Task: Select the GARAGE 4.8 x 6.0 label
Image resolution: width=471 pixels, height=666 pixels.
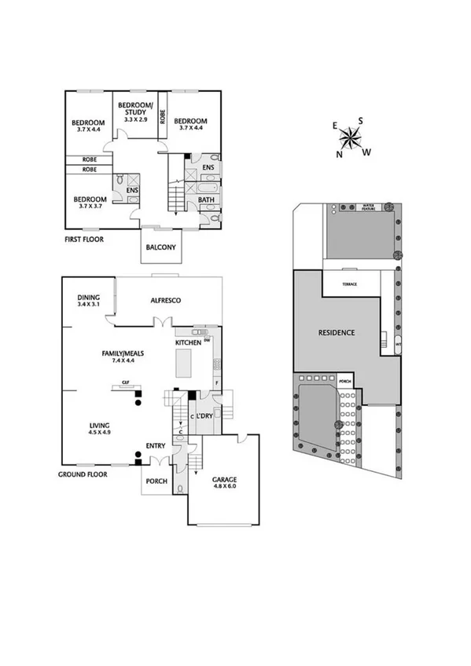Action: [224, 482]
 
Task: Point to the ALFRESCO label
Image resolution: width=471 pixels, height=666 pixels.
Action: [166, 301]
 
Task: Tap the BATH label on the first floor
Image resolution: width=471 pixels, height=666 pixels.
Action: [207, 200]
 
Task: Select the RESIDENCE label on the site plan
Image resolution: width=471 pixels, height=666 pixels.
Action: [336, 333]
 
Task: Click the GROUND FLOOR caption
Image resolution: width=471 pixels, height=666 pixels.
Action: [83, 474]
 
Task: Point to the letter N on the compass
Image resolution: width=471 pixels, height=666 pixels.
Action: [340, 154]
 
